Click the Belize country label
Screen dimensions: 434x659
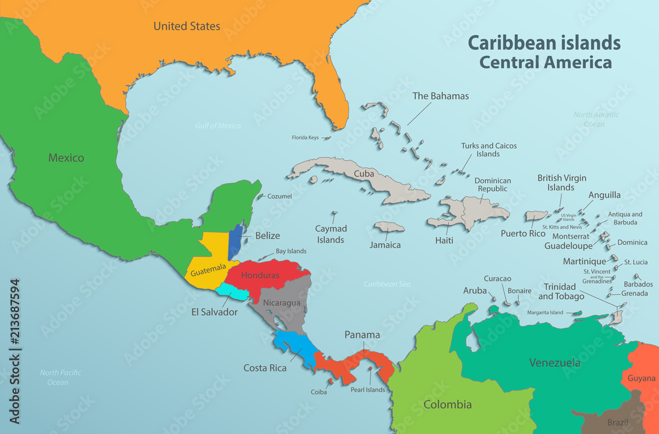(268, 236)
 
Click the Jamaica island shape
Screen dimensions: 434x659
(389, 227)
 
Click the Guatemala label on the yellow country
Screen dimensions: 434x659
(209, 271)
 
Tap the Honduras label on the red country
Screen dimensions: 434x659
(260, 275)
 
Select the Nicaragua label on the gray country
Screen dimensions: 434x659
(281, 303)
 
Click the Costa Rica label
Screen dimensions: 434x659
(265, 368)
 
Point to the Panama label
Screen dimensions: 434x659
(362, 335)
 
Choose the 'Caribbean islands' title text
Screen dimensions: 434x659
(544, 43)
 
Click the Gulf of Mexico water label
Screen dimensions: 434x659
(218, 125)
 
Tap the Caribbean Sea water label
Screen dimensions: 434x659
(387, 284)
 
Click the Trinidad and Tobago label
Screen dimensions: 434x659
(559, 291)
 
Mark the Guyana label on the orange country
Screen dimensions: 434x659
(641, 378)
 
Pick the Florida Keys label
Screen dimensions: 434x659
(305, 138)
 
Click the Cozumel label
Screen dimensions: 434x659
(279, 196)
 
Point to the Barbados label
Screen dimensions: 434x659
(638, 284)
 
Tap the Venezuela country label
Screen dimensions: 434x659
(554, 363)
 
